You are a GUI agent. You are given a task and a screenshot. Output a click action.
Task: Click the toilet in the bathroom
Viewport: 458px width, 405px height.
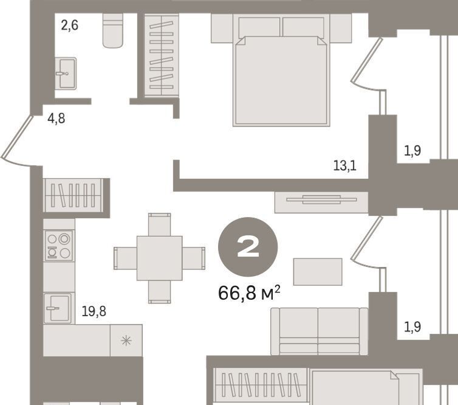[113, 30]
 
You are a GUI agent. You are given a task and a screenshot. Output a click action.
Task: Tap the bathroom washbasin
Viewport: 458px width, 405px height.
[66, 74]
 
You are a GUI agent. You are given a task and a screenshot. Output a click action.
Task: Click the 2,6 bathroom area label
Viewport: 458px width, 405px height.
[69, 26]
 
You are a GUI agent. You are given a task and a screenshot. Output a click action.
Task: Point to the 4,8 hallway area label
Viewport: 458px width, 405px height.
[56, 119]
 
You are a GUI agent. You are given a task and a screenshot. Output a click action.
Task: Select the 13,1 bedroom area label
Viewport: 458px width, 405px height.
[345, 166]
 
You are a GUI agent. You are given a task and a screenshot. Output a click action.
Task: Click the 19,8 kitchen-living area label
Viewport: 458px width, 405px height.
[94, 311]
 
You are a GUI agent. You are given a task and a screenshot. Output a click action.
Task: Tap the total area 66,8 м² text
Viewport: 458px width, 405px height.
[249, 293]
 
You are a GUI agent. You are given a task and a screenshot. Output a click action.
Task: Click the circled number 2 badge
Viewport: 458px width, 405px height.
[248, 247]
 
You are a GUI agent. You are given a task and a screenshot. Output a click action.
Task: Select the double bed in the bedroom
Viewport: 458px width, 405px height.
[281, 72]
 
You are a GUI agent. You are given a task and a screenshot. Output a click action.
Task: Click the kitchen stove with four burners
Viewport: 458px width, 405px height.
[60, 246]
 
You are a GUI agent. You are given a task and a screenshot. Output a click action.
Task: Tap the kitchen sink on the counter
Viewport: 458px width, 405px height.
[58, 308]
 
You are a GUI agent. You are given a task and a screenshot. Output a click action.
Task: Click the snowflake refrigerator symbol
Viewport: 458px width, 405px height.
[126, 341]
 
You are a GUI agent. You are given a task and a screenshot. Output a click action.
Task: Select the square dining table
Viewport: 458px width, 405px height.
[160, 258]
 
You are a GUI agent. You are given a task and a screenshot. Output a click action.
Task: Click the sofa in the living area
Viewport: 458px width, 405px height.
[320, 331]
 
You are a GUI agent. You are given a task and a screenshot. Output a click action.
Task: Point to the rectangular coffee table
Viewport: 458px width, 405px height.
[318, 272]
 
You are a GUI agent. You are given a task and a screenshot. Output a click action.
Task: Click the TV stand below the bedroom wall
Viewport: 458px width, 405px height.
[321, 202]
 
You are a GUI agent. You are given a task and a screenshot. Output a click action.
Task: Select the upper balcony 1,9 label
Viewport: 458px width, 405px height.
[412, 151]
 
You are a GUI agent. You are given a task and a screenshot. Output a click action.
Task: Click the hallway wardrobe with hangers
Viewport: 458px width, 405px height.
[72, 195]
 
